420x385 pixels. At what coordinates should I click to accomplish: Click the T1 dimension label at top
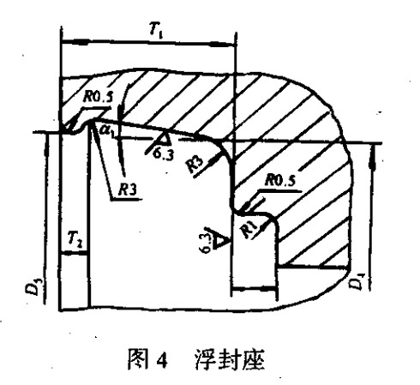156,31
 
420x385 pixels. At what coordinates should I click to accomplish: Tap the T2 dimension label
75,239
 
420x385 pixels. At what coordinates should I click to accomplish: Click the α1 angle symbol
106,131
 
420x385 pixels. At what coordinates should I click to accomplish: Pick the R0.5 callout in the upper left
97,97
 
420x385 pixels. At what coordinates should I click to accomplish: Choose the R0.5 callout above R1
280,181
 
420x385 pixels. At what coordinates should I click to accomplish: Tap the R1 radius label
249,230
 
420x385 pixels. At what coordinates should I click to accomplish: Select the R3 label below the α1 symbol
128,190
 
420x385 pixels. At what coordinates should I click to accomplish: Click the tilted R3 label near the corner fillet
195,165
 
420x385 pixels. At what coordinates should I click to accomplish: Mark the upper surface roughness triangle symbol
163,139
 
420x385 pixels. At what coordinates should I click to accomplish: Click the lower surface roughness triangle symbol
221,239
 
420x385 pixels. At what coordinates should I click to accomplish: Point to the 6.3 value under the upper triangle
163,153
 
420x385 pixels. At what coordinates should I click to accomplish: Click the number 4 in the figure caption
161,361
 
